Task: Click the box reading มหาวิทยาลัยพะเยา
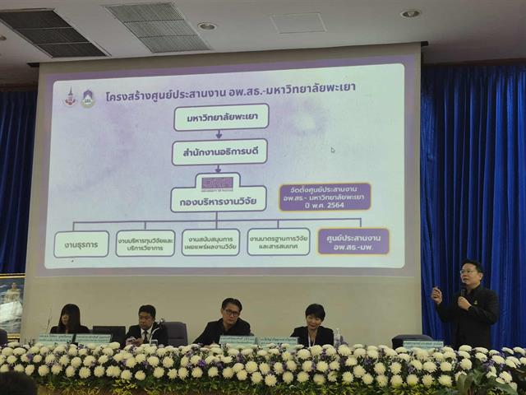point(221,118)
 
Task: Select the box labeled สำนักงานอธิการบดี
point(219,153)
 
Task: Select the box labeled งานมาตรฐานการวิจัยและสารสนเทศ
point(278,242)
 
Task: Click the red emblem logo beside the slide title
point(71,96)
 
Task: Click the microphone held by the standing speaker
point(461,290)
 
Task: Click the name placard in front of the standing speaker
point(422,344)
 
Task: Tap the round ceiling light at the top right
point(410,13)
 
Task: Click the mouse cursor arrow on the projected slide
point(332,151)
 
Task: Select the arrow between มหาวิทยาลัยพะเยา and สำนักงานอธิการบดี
point(220,135)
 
